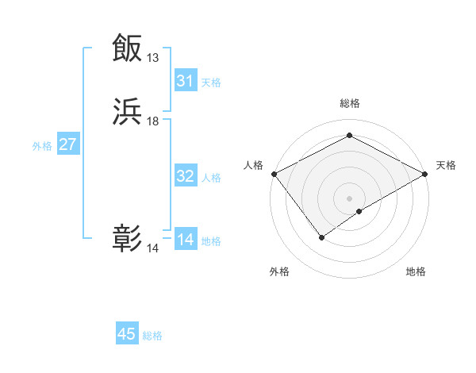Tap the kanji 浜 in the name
[x=128, y=112]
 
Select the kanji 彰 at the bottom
[x=128, y=239]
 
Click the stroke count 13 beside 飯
[x=153, y=58]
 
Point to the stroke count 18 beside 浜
[x=153, y=121]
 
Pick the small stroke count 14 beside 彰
[x=153, y=248]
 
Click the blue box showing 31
[x=186, y=81]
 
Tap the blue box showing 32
[x=186, y=176]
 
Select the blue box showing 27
[x=68, y=144]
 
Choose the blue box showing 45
[x=127, y=334]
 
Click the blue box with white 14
[x=186, y=240]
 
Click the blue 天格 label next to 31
[x=211, y=83]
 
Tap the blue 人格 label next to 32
[x=211, y=178]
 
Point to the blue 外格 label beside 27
[x=42, y=146]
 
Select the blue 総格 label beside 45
[x=152, y=336]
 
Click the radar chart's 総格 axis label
[x=350, y=103]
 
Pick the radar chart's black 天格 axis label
[x=447, y=165]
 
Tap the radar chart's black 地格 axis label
[x=416, y=271]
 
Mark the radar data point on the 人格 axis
[x=274, y=174]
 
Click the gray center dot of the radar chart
[x=350, y=198]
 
